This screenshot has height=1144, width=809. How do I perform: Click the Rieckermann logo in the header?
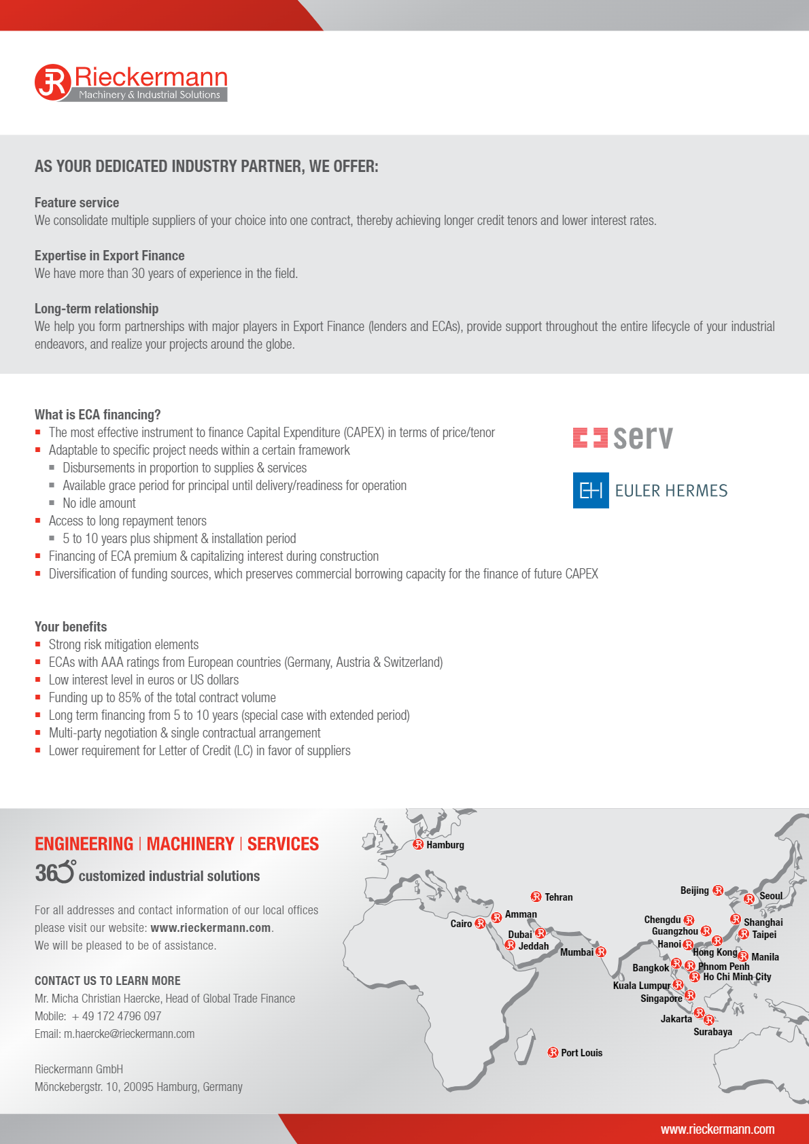[x=131, y=83]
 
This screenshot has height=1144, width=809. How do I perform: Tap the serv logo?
[x=623, y=438]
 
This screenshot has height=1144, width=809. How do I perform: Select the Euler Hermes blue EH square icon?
[x=590, y=490]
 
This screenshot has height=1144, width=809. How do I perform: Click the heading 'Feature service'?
[x=77, y=203]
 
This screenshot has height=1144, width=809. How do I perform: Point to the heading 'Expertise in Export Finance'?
[x=109, y=256]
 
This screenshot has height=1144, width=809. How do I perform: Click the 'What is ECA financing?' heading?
[x=97, y=415]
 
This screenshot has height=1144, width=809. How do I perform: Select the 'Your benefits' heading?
[x=71, y=627]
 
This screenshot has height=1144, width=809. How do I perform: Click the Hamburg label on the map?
[x=445, y=845]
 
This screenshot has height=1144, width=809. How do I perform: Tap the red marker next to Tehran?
[x=536, y=897]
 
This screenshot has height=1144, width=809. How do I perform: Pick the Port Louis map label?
[x=581, y=1053]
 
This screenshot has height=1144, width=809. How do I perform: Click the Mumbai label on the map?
[x=576, y=952]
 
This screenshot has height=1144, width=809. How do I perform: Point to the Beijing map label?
[x=694, y=890]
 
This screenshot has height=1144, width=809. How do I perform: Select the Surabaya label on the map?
[x=712, y=1032]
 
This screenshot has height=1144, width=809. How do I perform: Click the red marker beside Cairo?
[x=480, y=923]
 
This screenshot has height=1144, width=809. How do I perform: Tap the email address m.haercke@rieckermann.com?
[x=129, y=1034]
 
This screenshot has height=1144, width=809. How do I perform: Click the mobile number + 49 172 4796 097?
[x=116, y=1016]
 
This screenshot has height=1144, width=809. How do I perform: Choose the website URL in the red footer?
[x=717, y=1129]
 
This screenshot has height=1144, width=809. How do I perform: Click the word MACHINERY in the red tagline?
[x=190, y=844]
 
